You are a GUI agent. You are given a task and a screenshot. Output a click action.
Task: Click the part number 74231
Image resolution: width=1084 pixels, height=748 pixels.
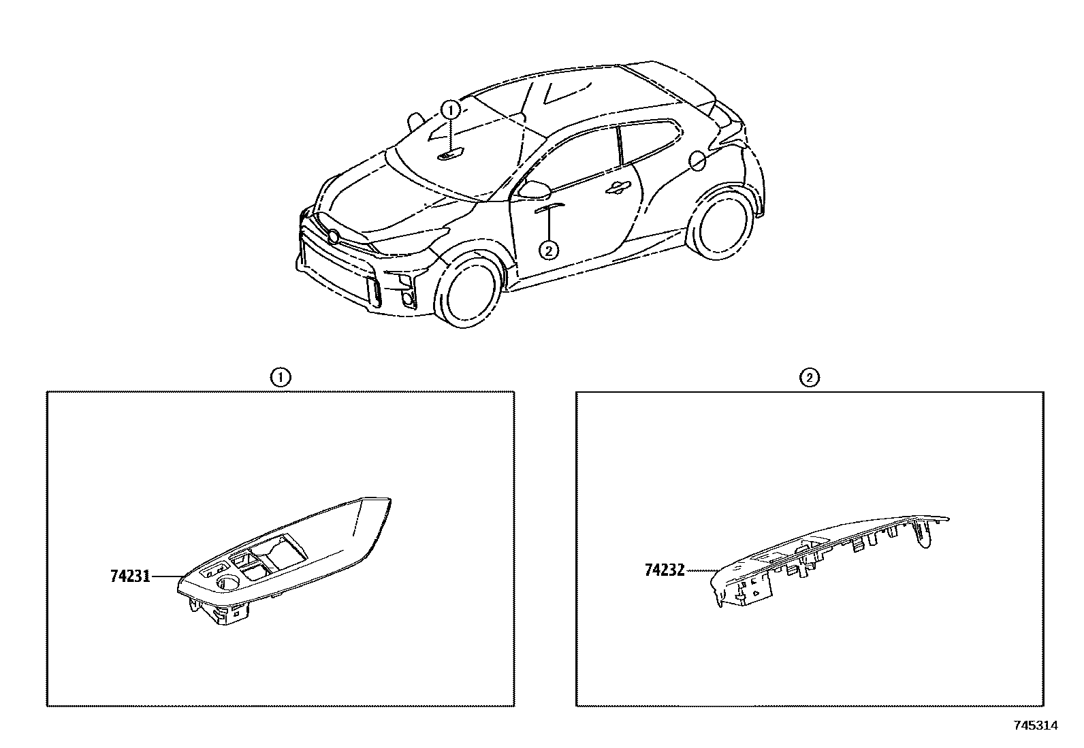click(130, 576)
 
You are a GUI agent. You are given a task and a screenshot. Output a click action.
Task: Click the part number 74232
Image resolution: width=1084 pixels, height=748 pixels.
click(665, 570)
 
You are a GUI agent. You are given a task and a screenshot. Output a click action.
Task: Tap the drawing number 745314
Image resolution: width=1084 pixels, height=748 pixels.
click(1036, 726)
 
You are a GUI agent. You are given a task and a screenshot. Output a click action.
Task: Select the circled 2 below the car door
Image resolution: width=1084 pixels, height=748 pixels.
click(549, 250)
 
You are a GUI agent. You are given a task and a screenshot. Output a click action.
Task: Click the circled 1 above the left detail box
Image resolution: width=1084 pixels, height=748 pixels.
click(281, 377)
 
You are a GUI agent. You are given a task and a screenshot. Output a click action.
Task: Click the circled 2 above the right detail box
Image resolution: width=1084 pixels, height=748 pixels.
click(809, 377)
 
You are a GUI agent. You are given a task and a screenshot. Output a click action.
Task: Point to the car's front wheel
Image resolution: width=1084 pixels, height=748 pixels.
click(468, 291)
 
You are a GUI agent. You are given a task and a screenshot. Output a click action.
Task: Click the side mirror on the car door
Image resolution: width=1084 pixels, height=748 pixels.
click(535, 189)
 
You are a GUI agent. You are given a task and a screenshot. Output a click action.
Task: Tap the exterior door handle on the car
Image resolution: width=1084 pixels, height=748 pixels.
click(618, 189)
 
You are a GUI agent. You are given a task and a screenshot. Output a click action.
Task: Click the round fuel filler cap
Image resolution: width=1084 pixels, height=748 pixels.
click(697, 161)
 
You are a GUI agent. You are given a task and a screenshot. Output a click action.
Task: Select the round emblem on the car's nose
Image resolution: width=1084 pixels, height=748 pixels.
click(333, 238)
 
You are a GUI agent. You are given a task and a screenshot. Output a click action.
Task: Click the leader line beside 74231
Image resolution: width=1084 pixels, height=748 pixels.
click(167, 576)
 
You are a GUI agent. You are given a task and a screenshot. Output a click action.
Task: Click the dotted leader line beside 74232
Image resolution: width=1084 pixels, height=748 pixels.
click(701, 571)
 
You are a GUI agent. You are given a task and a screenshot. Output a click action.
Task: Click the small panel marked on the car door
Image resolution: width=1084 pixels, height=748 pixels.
click(549, 207)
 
